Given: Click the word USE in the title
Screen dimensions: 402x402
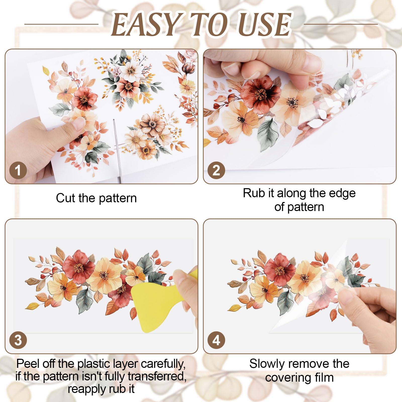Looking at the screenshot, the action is [x=265, y=25].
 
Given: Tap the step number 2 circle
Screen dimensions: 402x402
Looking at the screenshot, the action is [x=216, y=170].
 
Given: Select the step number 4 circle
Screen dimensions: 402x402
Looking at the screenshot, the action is [x=216, y=340].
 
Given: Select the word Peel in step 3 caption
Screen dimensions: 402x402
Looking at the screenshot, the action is [x=28, y=364].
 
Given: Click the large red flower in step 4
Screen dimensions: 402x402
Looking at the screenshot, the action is [x=279, y=270].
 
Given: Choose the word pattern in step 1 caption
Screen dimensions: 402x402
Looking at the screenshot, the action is [x=118, y=198].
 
